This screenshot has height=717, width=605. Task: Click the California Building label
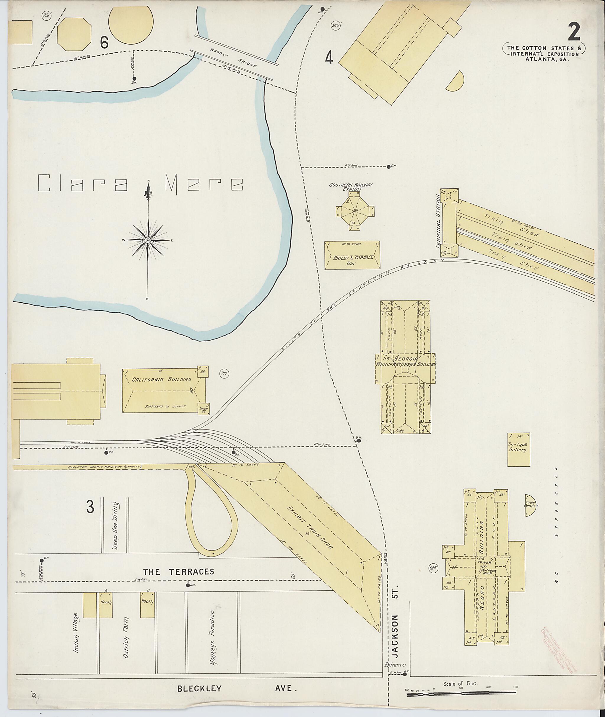(162, 379)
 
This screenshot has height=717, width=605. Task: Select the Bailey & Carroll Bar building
(352, 255)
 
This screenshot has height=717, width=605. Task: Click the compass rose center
(147, 240)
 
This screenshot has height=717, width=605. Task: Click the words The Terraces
(178, 571)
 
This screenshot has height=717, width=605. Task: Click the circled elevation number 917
(225, 374)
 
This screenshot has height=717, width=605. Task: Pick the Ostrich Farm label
(126, 628)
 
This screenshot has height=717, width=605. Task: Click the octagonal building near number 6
(74, 35)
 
